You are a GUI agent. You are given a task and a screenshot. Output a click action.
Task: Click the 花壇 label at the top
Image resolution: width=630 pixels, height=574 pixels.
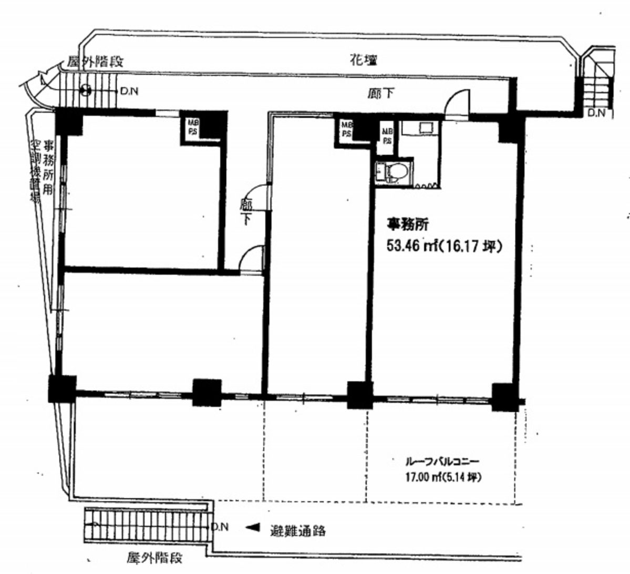[x=363, y=60]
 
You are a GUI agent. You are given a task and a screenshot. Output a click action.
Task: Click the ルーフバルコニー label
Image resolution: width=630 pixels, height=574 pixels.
[x=441, y=463]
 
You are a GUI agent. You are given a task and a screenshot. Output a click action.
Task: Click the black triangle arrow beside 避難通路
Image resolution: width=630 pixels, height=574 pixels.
[x=253, y=527]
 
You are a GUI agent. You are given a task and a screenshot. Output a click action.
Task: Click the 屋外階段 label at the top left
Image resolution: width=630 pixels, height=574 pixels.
[x=95, y=62]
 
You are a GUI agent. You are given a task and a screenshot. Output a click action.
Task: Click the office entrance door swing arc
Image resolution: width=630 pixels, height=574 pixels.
[x=456, y=102]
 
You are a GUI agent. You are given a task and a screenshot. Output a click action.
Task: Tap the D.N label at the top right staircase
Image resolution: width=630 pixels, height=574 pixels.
[x=596, y=113]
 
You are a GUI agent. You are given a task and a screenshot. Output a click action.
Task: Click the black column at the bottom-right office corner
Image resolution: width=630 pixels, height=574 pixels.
[x=504, y=398]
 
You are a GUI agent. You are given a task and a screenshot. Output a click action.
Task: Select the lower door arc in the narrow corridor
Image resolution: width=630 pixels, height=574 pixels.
[x=251, y=259]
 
